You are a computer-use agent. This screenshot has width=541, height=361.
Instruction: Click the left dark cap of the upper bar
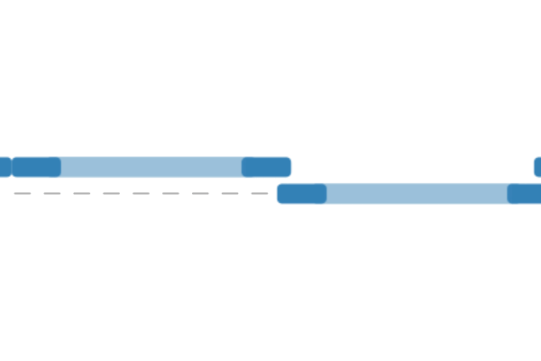click(x=36, y=167)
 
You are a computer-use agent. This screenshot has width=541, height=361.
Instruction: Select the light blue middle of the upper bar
click(x=151, y=167)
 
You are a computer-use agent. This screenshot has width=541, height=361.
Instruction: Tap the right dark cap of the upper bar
click(x=266, y=167)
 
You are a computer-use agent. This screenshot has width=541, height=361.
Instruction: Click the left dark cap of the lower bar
click(x=302, y=194)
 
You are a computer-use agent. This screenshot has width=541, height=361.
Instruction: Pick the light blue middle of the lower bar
click(x=417, y=194)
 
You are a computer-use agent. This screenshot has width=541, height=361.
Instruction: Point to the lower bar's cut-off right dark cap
click(x=525, y=194)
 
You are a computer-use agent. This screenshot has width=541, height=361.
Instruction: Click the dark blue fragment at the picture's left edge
click(x=5, y=167)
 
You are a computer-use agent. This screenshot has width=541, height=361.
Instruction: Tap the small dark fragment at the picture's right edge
click(x=537, y=167)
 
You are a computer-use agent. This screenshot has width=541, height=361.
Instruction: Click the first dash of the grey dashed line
click(x=23, y=193)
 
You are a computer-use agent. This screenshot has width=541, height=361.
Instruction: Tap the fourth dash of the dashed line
click(x=112, y=193)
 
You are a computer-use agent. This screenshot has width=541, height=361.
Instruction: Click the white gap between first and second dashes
click(x=37, y=193)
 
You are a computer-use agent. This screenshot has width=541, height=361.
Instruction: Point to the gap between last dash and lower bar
click(x=273, y=193)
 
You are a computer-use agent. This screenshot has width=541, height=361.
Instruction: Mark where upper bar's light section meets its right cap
click(x=243, y=167)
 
